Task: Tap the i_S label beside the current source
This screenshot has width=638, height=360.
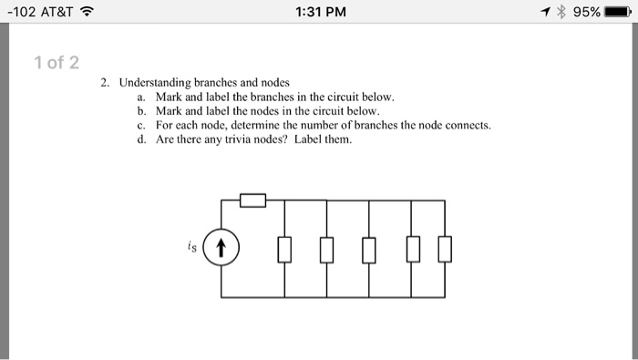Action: pyautogui.click(x=189, y=245)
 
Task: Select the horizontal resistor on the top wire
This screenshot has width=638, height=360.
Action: pyautogui.click(x=252, y=200)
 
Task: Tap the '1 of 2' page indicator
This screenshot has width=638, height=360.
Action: pyautogui.click(x=56, y=63)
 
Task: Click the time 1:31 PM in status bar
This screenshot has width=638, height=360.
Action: pyautogui.click(x=320, y=12)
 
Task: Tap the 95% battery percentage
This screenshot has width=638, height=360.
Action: pyautogui.click(x=587, y=12)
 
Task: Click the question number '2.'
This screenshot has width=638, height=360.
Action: pyautogui.click(x=106, y=82)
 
